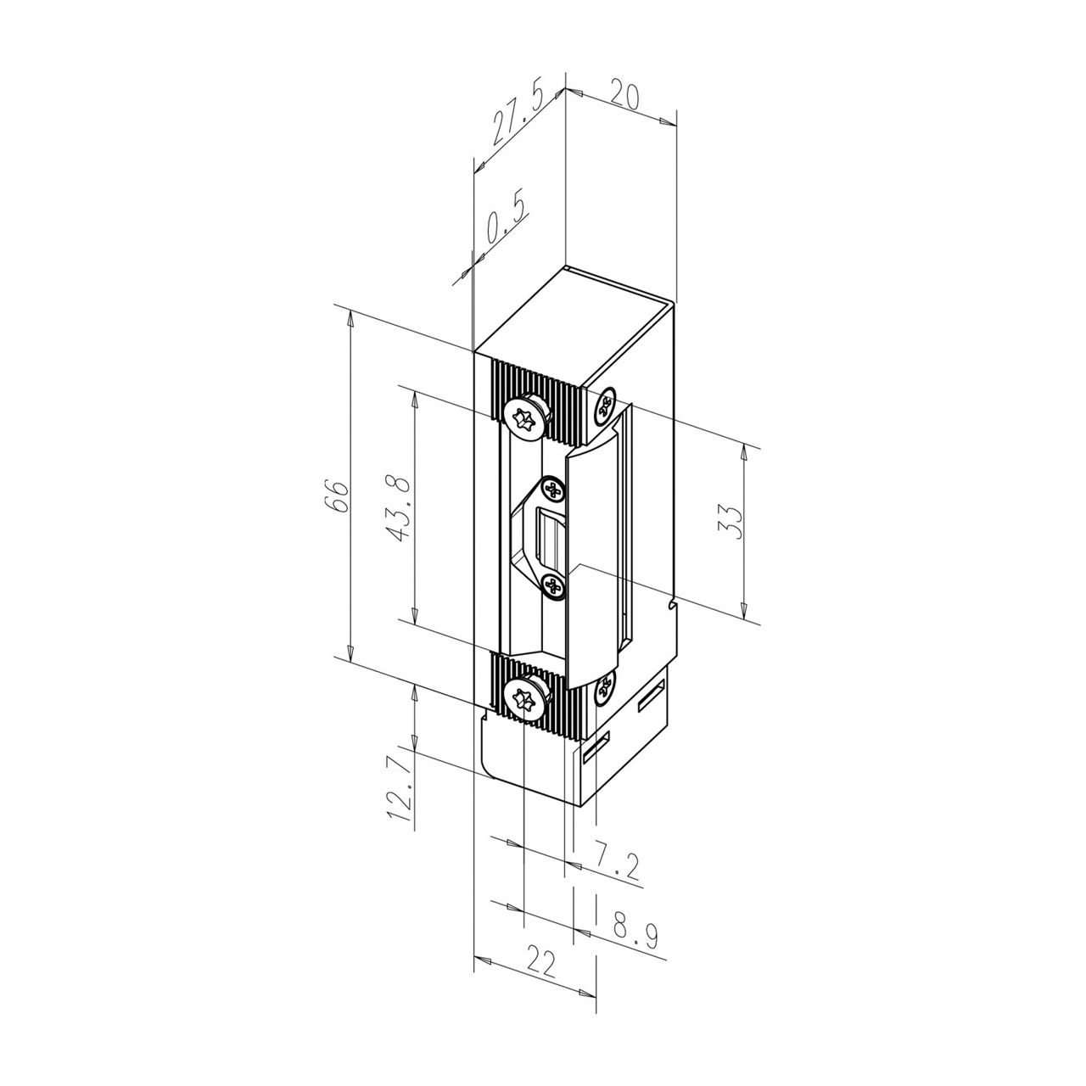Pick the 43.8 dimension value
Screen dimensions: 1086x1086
click(400, 508)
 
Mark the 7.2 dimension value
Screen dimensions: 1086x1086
click(616, 861)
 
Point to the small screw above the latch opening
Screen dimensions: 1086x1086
click(553, 490)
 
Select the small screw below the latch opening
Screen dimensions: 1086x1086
click(553, 585)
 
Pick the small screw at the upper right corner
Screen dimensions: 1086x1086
click(605, 405)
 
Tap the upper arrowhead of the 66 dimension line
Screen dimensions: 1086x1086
click(349, 319)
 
